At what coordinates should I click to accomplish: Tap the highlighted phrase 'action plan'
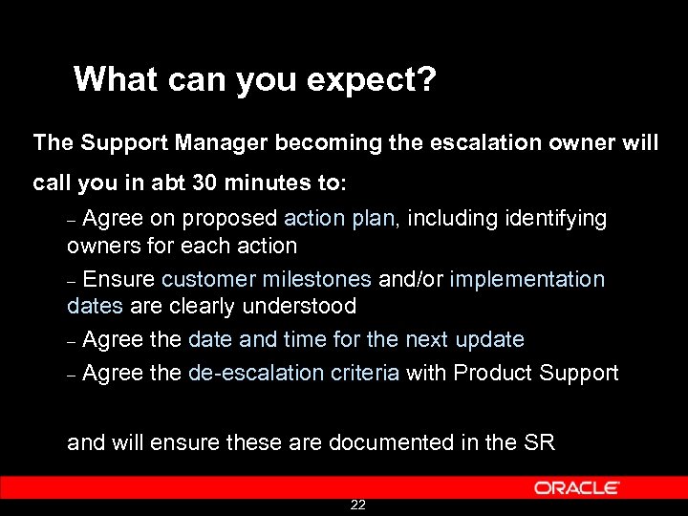point(339,219)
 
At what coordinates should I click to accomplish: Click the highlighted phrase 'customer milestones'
point(267,279)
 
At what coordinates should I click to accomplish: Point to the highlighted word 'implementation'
point(527,279)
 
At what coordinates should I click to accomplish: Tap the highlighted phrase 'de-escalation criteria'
point(293,373)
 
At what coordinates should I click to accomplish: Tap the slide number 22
point(357,505)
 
